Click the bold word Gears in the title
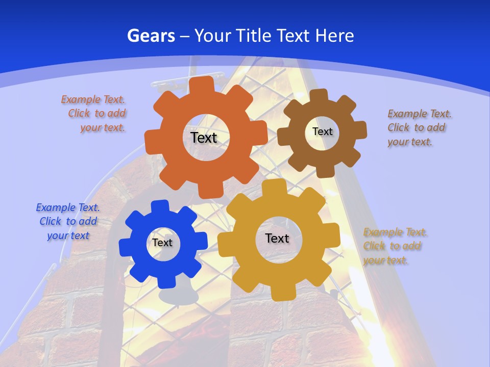151,36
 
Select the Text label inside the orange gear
204,138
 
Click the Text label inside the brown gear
322,132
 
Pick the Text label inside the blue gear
162,243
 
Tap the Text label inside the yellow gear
277,238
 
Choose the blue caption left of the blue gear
68,221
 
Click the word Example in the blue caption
55,207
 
